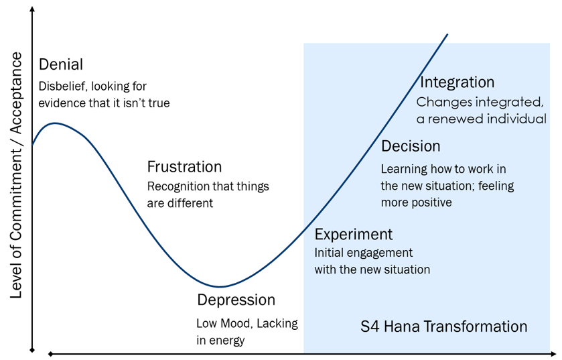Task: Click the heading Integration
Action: (x=458, y=82)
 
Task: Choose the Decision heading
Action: (x=411, y=146)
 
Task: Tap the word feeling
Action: (x=496, y=186)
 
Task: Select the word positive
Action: (x=431, y=202)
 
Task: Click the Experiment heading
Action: (x=354, y=235)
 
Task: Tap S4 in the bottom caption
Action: (x=369, y=326)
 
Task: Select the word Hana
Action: (x=401, y=326)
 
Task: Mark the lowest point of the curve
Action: (x=220, y=286)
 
